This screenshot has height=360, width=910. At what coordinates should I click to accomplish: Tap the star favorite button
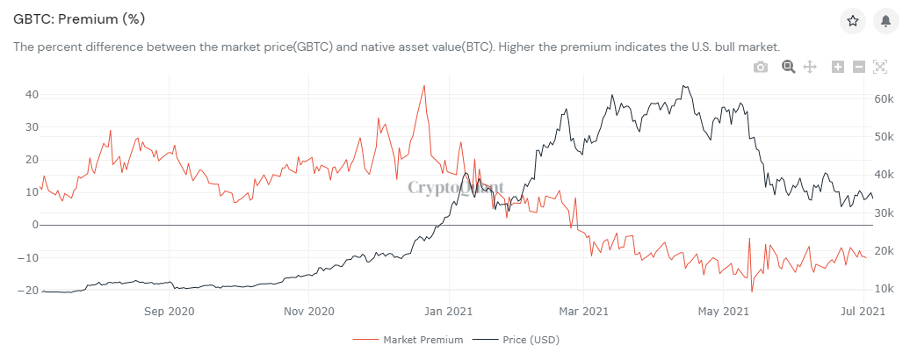tap(852, 21)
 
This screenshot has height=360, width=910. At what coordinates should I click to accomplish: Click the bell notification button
tap(885, 21)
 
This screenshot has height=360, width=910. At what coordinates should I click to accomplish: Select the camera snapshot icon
tap(761, 67)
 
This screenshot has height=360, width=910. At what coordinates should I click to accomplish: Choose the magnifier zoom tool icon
tap(788, 67)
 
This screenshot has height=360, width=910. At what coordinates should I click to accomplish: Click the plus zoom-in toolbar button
tap(837, 67)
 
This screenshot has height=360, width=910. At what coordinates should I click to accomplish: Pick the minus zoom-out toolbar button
tap(859, 67)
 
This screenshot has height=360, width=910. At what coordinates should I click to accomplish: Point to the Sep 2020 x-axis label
tap(169, 310)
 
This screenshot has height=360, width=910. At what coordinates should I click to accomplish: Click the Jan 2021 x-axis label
tap(448, 310)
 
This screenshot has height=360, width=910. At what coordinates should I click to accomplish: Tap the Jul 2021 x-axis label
tap(864, 310)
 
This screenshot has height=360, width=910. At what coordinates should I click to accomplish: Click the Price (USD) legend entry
tap(524, 339)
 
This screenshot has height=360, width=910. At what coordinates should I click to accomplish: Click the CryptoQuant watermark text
tap(456, 186)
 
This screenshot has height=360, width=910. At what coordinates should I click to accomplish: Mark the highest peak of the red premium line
tap(424, 86)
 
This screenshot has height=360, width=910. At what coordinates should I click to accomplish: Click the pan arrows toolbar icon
tap(810, 67)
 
